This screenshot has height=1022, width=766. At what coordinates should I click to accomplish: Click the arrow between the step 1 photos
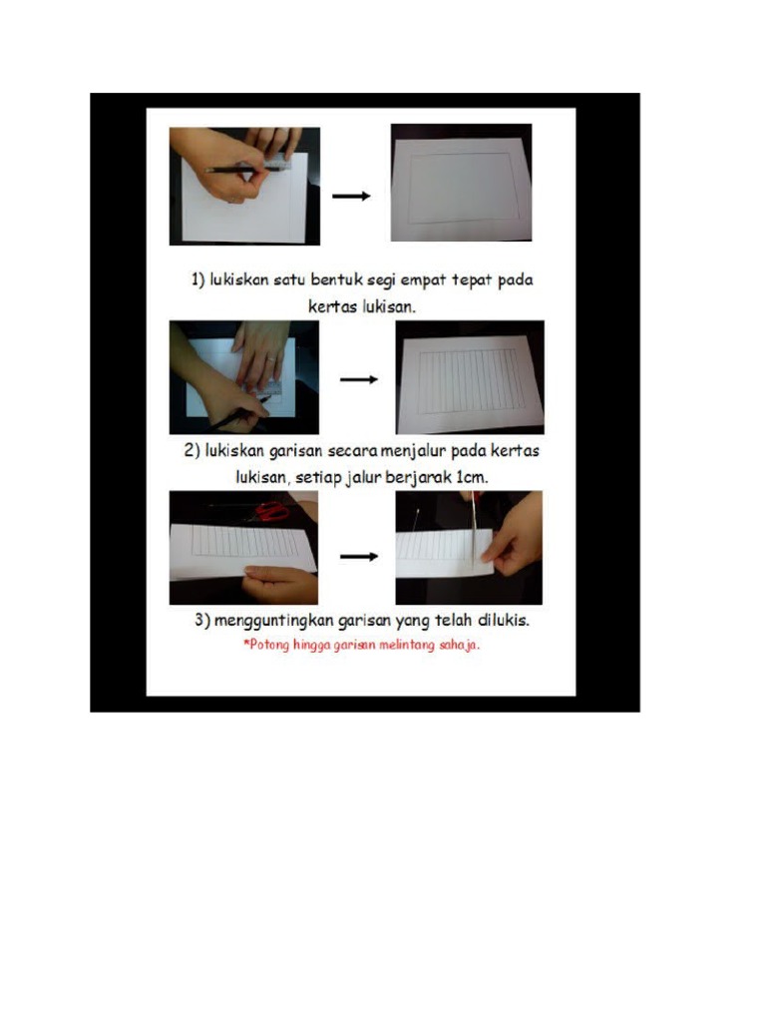(351, 196)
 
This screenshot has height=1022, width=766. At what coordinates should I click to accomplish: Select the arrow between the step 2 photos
(358, 379)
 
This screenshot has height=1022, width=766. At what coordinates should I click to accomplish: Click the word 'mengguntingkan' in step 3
(279, 621)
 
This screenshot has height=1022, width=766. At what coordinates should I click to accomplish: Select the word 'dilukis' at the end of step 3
(502, 620)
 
